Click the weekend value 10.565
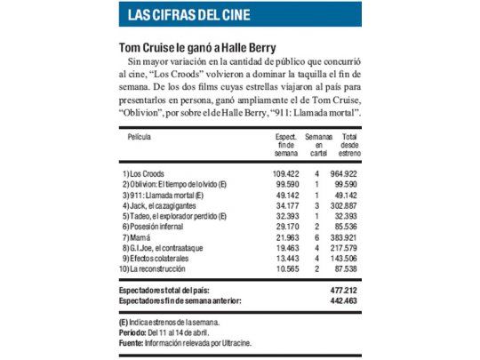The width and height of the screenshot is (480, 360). click(x=286, y=270)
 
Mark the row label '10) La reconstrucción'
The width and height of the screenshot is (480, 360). click(x=157, y=270)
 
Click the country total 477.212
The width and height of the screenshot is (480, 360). click(x=344, y=290)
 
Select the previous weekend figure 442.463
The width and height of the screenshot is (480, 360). click(x=344, y=300)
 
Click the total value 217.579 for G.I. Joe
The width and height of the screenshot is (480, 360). click(x=344, y=249)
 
